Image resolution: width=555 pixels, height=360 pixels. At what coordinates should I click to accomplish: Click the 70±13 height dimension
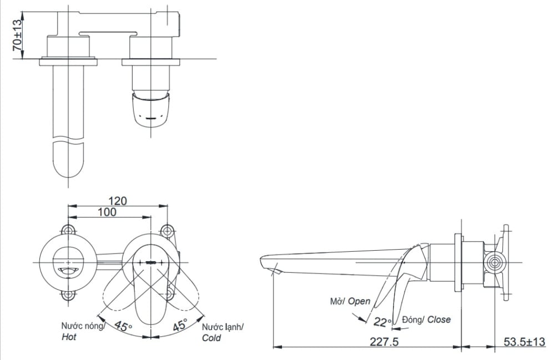pyautogui.click(x=17, y=34)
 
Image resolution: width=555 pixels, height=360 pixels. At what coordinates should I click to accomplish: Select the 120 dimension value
pyautogui.click(x=118, y=201)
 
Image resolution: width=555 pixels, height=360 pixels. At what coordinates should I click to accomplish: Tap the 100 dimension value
pyautogui.click(x=107, y=212)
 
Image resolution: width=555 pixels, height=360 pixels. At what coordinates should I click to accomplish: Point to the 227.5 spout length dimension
pyautogui.click(x=384, y=342)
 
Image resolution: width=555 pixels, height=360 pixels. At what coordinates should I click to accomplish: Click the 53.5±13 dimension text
pyautogui.click(x=524, y=342)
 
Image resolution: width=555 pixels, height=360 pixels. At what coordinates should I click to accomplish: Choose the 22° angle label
pyautogui.click(x=382, y=322)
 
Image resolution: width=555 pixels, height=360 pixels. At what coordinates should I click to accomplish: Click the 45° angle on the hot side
pyautogui.click(x=123, y=326)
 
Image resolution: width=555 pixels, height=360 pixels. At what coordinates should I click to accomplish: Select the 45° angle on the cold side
pyautogui.click(x=180, y=324)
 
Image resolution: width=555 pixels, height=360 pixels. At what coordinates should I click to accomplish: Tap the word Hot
pyautogui.click(x=69, y=337)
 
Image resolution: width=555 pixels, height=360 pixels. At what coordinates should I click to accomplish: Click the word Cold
pyautogui.click(x=211, y=338)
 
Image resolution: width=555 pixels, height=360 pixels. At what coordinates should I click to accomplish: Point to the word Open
pyautogui.click(x=359, y=301)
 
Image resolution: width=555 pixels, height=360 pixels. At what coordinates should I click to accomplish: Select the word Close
pyautogui.click(x=439, y=320)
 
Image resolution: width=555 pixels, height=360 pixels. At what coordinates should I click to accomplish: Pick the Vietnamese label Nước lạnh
pyautogui.click(x=222, y=327)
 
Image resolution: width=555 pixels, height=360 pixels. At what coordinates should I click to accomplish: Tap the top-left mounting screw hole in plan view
pyautogui.click(x=68, y=231)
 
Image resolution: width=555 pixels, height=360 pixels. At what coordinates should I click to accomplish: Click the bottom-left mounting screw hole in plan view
pyautogui.click(x=68, y=294)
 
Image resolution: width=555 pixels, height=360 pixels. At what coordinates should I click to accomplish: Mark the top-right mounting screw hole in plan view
pyautogui.click(x=166, y=231)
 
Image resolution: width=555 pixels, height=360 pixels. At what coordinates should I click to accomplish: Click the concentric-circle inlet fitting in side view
pyautogui.click(x=495, y=262)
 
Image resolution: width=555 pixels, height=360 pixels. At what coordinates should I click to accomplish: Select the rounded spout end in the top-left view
pyautogui.click(x=69, y=160)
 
